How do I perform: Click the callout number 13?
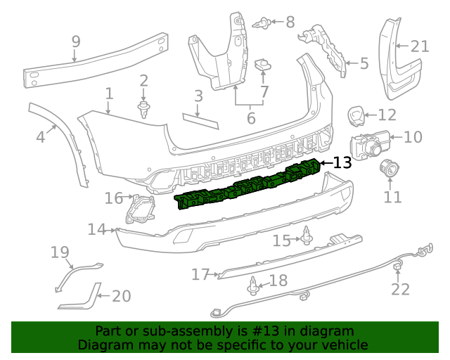tap(341, 163)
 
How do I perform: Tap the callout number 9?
tap(76, 43)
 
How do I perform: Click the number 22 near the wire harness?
tap(400, 289)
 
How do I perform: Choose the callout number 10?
tap(413, 136)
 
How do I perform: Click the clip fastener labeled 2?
tap(144, 108)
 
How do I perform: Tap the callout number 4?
tap(41, 136)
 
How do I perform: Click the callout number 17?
tap(200, 274)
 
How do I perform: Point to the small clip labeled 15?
tap(307, 236)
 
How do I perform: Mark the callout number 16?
tap(114, 198)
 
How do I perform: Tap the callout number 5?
tap(364, 64)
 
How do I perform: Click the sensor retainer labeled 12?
tap(356, 114)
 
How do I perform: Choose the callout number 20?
tap(121, 296)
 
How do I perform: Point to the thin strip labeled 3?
tap(200, 120)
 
